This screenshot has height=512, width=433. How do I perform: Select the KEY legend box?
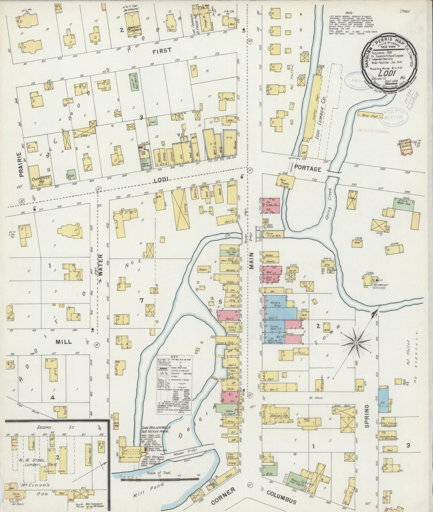point(174,384)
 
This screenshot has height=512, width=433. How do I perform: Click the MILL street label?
point(64,341)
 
